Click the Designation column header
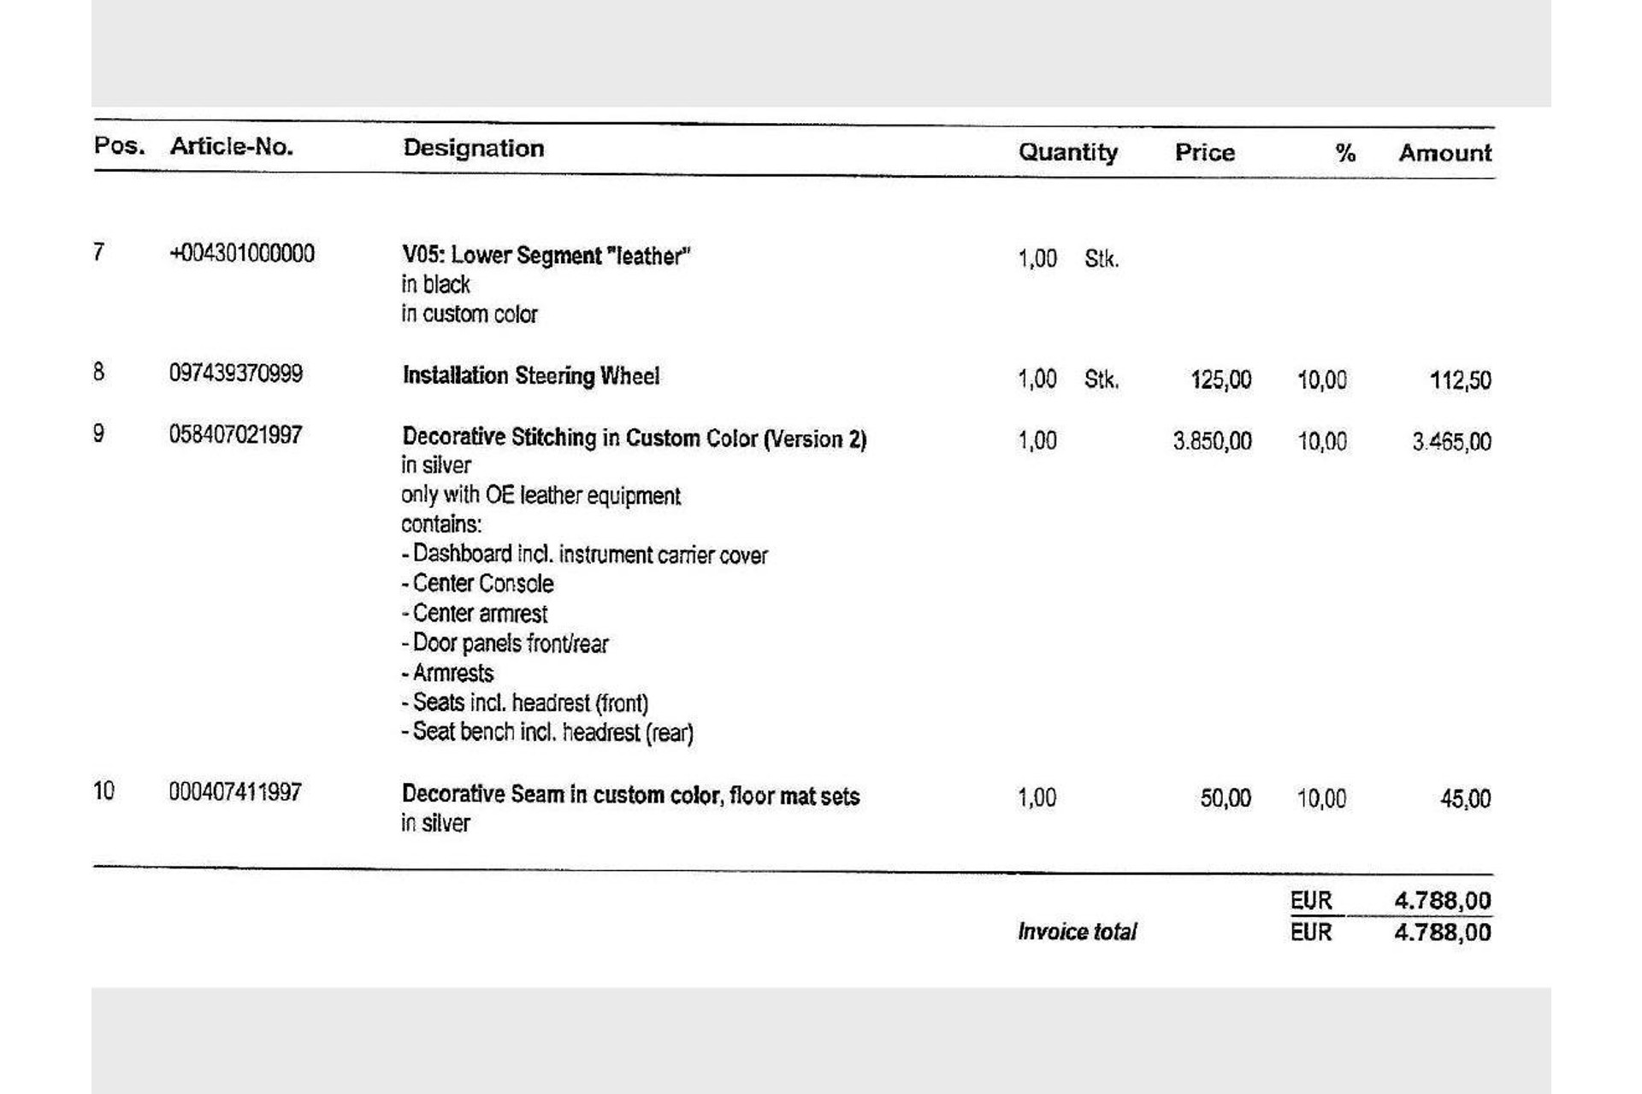pyautogui.click(x=473, y=148)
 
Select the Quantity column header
pyautogui.click(x=1067, y=152)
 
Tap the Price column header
pyautogui.click(x=1204, y=152)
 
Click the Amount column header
pyautogui.click(x=1444, y=153)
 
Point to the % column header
pyautogui.click(x=1344, y=153)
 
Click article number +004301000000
pyautogui.click(x=242, y=253)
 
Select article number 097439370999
pyautogui.click(x=236, y=373)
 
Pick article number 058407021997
pyautogui.click(x=235, y=435)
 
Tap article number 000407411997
pyautogui.click(x=235, y=792)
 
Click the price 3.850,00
pyautogui.click(x=1212, y=441)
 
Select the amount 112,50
pyautogui.click(x=1460, y=380)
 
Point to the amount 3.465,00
pyautogui.click(x=1451, y=442)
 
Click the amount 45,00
pyautogui.click(x=1465, y=799)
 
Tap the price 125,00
pyautogui.click(x=1220, y=379)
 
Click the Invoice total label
pyautogui.click(x=1077, y=932)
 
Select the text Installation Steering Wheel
pyautogui.click(x=531, y=376)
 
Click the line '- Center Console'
pyautogui.click(x=477, y=584)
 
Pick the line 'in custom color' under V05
pyautogui.click(x=470, y=315)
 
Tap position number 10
pyautogui.click(x=103, y=791)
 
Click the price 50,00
pyautogui.click(x=1225, y=798)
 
